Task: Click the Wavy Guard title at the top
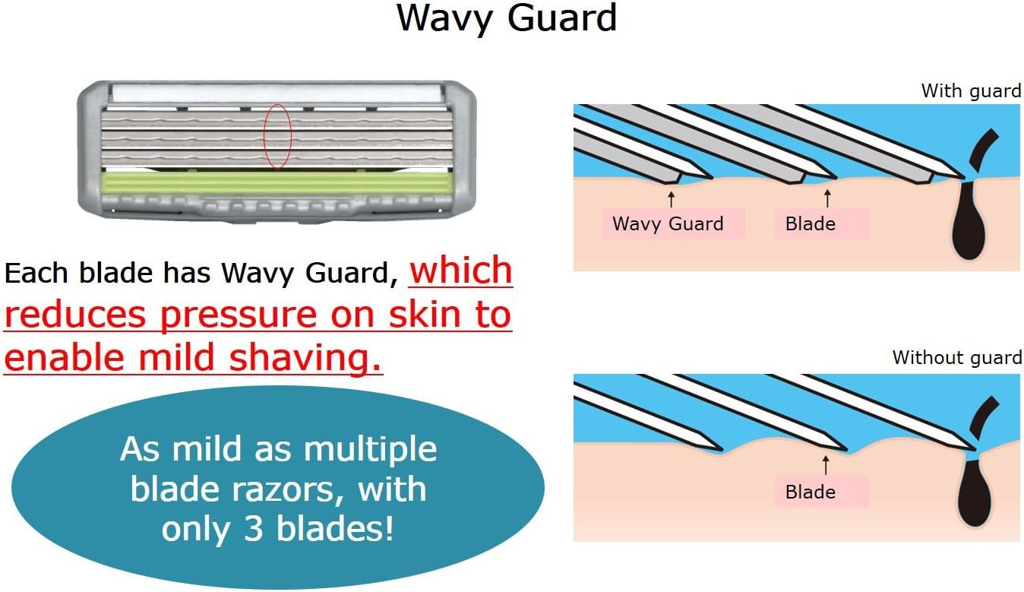click(506, 18)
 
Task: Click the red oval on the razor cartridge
click(277, 136)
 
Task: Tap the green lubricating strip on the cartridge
click(278, 183)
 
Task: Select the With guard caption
click(970, 91)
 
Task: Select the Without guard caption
click(956, 357)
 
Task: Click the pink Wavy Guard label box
click(668, 224)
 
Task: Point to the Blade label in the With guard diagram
click(811, 224)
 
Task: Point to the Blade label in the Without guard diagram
click(811, 492)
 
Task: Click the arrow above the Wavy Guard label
click(671, 199)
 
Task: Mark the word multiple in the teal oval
click(370, 449)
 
